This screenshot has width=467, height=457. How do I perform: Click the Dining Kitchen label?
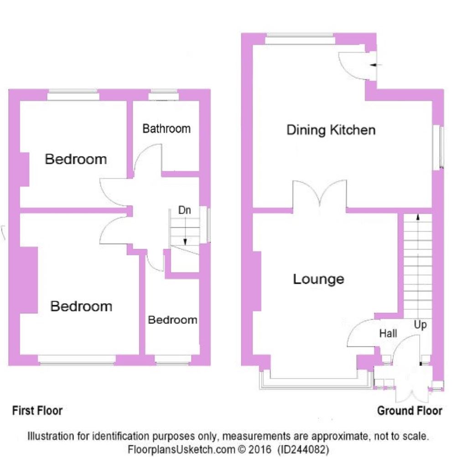click(331, 130)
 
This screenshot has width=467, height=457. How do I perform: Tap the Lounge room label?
click(318, 279)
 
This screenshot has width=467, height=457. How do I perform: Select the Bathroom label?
click(166, 129)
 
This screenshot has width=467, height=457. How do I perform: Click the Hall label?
click(388, 334)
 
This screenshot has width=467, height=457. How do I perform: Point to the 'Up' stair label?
click(420, 325)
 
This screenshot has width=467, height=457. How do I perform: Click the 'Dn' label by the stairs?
click(185, 211)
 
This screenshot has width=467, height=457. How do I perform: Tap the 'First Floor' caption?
click(37, 410)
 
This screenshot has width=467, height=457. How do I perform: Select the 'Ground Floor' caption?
click(410, 411)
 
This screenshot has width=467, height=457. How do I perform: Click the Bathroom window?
click(164, 96)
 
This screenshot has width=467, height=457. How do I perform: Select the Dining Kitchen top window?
click(300, 40)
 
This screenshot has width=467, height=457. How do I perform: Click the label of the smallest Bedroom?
click(173, 320)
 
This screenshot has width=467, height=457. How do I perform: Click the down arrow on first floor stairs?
click(185, 240)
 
